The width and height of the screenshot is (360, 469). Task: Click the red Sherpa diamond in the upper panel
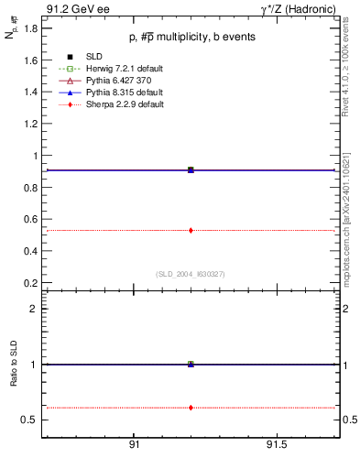pyautogui.click(x=191, y=230)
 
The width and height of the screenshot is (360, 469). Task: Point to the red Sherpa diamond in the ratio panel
pyautogui.click(x=191, y=407)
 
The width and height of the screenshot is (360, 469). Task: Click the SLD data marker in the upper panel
pyautogui.click(x=191, y=169)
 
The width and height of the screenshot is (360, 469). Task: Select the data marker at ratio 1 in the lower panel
pyautogui.click(x=191, y=364)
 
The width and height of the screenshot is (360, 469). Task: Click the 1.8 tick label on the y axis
pyautogui.click(x=30, y=28)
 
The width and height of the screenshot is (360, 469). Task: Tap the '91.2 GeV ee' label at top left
pyautogui.click(x=72, y=8)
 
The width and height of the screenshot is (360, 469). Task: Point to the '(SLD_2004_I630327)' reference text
pyautogui.click(x=191, y=274)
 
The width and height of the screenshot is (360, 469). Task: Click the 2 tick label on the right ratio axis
pyautogui.click(x=348, y=309)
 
